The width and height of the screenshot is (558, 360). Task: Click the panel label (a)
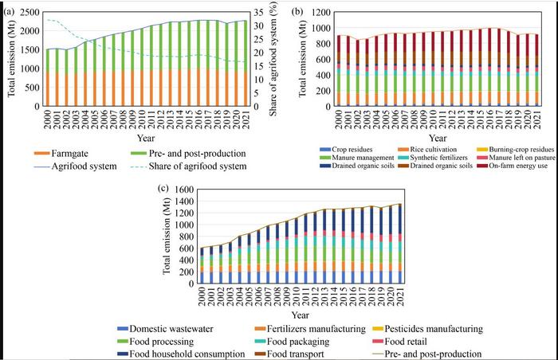[x=8, y=10]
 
